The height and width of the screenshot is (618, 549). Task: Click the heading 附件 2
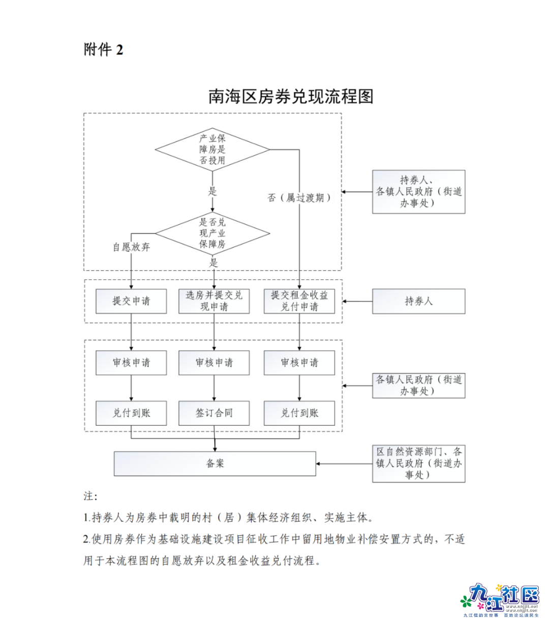[x=103, y=49]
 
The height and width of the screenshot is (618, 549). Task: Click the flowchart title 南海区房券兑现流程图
[x=291, y=96]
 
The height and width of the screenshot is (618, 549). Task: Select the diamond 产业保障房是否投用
[x=212, y=150]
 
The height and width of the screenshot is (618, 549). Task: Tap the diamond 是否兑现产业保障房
[x=212, y=233]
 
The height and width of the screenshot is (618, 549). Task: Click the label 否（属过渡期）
[x=299, y=198]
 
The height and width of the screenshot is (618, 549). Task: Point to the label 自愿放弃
[x=131, y=247]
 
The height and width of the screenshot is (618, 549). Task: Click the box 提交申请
[x=131, y=301]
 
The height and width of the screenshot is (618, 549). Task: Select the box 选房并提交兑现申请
[x=214, y=301]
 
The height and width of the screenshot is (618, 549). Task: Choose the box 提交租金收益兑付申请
[x=299, y=301]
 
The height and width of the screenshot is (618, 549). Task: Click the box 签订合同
[x=214, y=413]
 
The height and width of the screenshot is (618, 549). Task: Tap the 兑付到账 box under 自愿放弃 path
[x=131, y=413]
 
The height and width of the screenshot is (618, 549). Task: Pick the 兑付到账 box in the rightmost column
[x=299, y=413]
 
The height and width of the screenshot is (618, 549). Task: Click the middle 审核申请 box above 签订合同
[x=214, y=363]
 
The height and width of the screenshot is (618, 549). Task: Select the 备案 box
[x=215, y=464]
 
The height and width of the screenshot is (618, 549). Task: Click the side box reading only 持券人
[x=418, y=301]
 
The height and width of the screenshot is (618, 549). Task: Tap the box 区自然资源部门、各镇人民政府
[x=418, y=463]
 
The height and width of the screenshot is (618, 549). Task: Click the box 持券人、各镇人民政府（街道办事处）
[x=418, y=192]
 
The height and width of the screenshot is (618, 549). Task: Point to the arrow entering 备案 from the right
[x=344, y=464]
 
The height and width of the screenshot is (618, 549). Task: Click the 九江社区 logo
[x=501, y=599]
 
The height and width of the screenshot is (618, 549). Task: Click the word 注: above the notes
[x=90, y=496]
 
